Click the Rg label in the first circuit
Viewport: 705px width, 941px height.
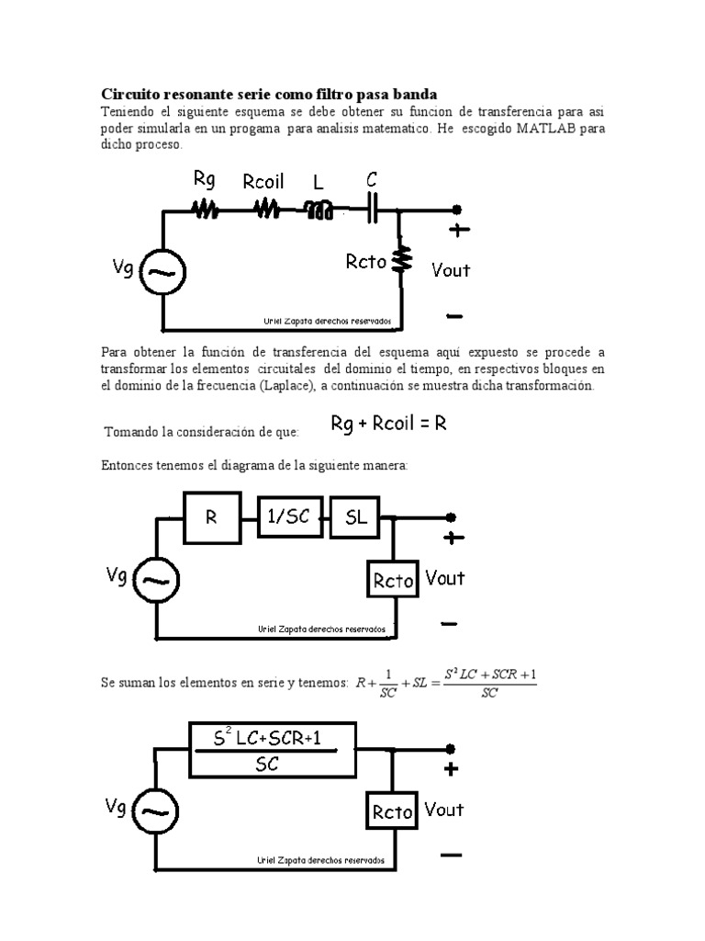[x=204, y=180]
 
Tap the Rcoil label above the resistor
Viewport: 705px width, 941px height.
[x=263, y=182]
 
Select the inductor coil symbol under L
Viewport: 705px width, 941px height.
[x=319, y=211]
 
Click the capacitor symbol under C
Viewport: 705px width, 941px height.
[x=373, y=210]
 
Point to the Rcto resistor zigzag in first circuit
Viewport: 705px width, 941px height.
[x=400, y=261]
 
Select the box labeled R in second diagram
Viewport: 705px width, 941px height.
[x=212, y=517]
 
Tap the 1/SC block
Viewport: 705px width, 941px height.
[x=289, y=518]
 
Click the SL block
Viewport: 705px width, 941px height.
[x=356, y=518]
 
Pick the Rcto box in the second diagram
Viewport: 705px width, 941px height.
[x=394, y=580]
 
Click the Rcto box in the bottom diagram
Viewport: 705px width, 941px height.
[x=393, y=811]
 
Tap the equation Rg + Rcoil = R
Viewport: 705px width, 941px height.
[x=388, y=424]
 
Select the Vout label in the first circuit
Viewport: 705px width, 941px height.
[x=451, y=269]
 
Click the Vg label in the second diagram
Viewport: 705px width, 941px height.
[x=117, y=575]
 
